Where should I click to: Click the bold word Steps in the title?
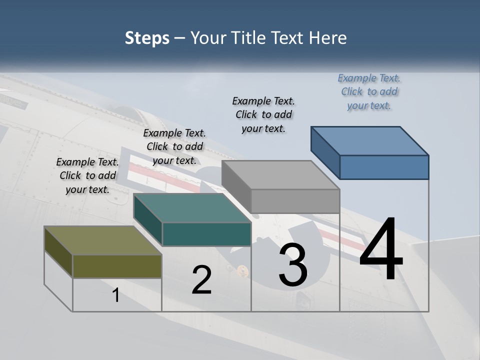coord(147,38)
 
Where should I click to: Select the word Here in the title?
coord(328,38)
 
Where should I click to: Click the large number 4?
coord(381,250)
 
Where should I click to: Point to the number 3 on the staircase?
coord(293,265)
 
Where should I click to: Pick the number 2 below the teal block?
coord(202,280)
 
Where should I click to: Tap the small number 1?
coord(116,295)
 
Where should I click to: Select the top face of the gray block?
coord(280,174)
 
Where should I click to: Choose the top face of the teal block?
coord(191,208)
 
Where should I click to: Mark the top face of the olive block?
coord(102,240)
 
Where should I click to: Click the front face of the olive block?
coord(117,266)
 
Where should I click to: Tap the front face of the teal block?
coord(206,234)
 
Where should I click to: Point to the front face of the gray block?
coord(295,201)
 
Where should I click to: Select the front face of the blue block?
coord(384,167)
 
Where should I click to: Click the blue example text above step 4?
coord(369,91)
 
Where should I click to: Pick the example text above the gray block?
coord(263,114)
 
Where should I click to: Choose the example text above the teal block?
coord(174,146)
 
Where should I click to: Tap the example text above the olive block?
coord(87,175)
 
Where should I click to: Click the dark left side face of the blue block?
coord(325,152)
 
